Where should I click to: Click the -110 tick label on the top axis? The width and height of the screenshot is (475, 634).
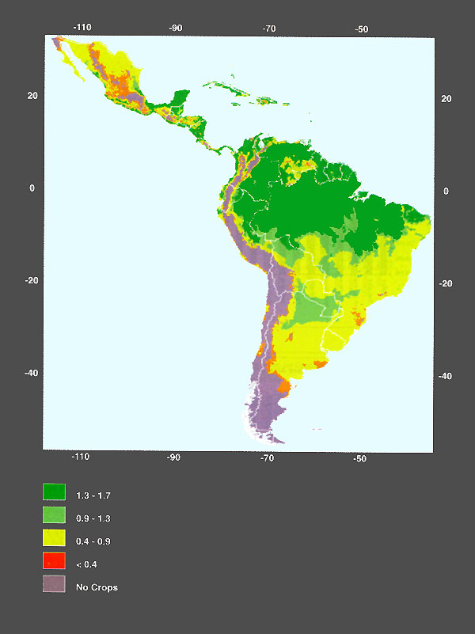click(x=82, y=27)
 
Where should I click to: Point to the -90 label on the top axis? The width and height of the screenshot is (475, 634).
click(x=176, y=27)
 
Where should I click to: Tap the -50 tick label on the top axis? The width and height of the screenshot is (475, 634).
click(x=362, y=28)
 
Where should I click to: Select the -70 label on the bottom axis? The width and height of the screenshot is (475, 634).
click(x=268, y=458)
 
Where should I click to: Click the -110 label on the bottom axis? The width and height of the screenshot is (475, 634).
click(x=80, y=457)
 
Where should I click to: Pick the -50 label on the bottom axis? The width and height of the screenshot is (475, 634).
click(x=359, y=459)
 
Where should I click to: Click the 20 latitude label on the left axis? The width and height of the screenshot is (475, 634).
click(x=33, y=96)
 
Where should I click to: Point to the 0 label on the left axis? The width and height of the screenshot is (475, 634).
click(x=33, y=188)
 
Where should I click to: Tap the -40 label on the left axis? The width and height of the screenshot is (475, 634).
click(x=30, y=373)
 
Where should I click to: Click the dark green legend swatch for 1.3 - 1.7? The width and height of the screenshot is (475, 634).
click(x=54, y=492)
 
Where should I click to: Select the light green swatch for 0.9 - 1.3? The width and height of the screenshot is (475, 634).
click(x=54, y=515)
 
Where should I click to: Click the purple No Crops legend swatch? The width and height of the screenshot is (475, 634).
click(x=54, y=585)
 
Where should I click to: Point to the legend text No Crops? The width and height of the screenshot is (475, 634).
click(x=97, y=588)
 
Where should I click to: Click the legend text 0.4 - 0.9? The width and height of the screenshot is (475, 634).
click(x=93, y=541)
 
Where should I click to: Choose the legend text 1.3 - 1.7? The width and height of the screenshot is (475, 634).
click(x=93, y=495)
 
